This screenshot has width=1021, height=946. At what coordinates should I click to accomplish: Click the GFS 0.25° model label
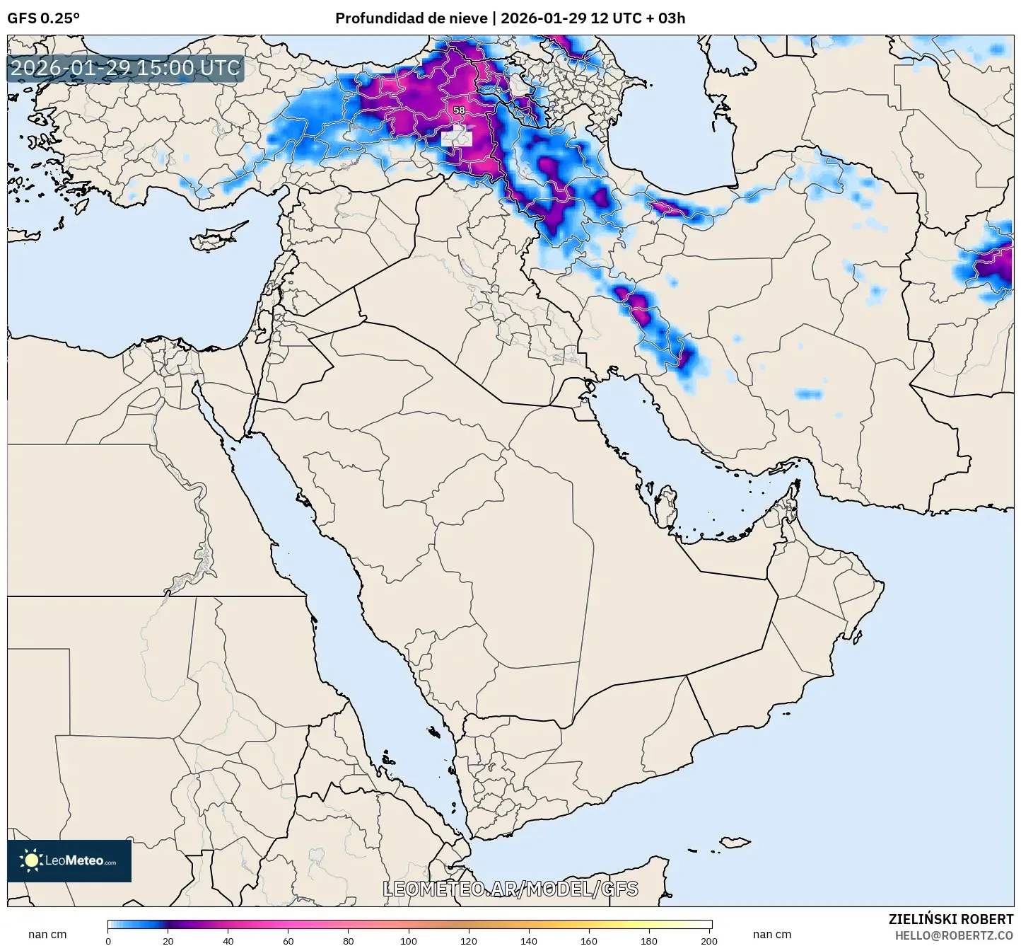point(43,18)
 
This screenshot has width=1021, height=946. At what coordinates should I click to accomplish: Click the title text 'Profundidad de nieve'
point(411,18)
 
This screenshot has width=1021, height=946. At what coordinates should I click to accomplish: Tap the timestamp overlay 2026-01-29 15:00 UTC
point(125,68)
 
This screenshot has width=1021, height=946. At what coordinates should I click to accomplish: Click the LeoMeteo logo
point(69,860)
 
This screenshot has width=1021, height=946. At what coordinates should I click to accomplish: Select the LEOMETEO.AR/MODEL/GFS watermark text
point(510,889)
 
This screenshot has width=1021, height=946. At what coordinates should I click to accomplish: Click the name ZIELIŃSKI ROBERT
point(950,919)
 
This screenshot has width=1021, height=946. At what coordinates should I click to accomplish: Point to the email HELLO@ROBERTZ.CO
point(954,935)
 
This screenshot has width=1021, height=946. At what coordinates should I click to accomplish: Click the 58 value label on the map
point(459,110)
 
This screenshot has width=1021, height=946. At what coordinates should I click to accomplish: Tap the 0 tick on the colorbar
point(108,940)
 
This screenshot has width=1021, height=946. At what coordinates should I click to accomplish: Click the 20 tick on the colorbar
point(168,940)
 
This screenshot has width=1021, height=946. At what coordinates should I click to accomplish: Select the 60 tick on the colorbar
point(288,940)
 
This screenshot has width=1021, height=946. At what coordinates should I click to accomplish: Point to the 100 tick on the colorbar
point(409,940)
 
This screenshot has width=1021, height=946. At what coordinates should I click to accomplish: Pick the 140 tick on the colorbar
point(529,940)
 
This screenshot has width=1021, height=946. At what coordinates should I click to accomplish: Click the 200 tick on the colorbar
point(709,940)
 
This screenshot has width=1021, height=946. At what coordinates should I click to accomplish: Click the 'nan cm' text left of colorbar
point(47,934)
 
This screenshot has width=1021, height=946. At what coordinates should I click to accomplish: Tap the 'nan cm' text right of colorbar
point(771,934)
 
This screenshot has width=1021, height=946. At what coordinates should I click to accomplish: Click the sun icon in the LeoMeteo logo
point(31,860)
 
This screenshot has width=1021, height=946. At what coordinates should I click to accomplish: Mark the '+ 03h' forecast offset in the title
point(665,18)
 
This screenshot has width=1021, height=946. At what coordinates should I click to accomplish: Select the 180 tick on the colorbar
point(649,940)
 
